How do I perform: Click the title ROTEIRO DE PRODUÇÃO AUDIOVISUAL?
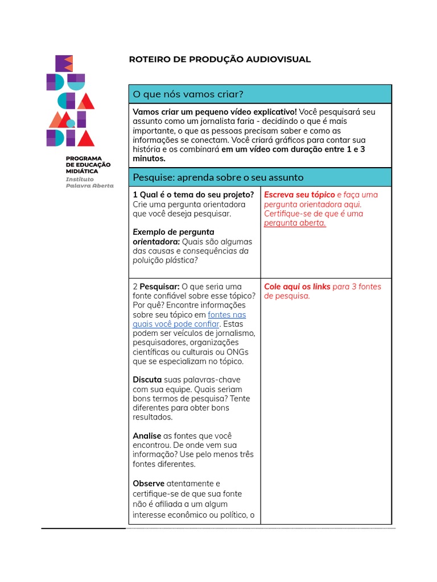tap(220, 60)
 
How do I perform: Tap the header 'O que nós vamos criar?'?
tap(188, 94)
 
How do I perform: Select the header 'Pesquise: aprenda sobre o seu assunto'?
tap(218, 177)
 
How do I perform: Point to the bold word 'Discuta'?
tap(147, 380)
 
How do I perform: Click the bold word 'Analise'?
tap(147, 436)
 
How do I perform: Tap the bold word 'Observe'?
tap(149, 484)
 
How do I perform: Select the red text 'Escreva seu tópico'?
tap(299, 194)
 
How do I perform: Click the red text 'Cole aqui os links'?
tap(297, 286)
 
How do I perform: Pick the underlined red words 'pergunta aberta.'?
tap(295, 223)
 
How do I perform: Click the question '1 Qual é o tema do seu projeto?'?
tap(193, 194)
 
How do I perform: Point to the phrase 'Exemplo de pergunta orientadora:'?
tap(173, 236)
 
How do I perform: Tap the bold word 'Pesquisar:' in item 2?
tap(160, 286)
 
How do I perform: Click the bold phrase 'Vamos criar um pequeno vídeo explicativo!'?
tap(215, 112)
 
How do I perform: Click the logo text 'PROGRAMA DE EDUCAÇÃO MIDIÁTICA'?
tap(88, 165)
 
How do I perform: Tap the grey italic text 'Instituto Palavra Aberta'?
tap(89, 182)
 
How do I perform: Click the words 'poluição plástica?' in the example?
tap(165, 260)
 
